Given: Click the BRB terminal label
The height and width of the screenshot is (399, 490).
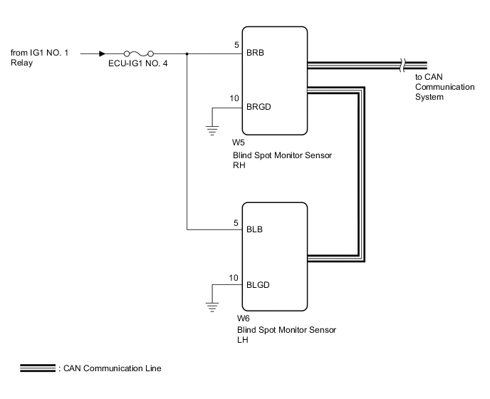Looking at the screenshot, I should [255, 53].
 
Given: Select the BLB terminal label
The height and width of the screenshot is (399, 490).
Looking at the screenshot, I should [254, 230].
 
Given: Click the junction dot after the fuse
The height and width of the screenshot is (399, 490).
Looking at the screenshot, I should [187, 53].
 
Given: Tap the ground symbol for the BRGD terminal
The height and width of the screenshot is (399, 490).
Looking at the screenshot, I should [212, 129].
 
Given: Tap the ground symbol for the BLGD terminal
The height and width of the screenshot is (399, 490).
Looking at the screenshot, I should [212, 306].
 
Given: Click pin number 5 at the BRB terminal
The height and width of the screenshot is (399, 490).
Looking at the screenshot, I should [236, 46].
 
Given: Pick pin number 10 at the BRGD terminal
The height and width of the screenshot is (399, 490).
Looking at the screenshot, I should [234, 100].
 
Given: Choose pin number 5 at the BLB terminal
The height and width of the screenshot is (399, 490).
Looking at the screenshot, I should [236, 223].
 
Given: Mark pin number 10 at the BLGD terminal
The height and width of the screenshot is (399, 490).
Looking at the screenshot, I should [234, 277].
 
